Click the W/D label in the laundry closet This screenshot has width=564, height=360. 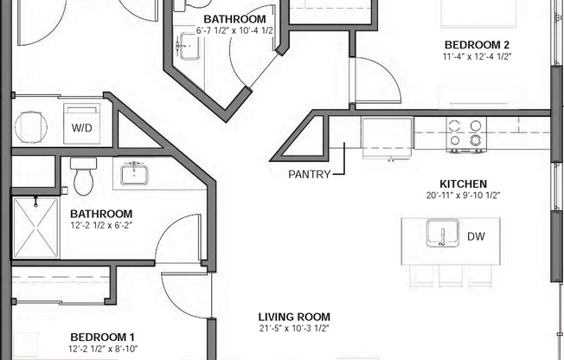coord(81,128)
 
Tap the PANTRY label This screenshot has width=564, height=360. coord(310,174)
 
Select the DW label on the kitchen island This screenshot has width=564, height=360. coord(476,236)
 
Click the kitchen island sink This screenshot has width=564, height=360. coord(443,233)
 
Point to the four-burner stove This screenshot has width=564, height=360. coord(466,134)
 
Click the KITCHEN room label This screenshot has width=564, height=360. coord(464,184)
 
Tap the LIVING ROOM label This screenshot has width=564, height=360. coord(294,317)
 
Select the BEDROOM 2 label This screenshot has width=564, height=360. coord(477,45)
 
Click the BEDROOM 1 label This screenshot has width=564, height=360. coord(103,337)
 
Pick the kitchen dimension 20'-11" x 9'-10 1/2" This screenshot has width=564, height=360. coord(464,196)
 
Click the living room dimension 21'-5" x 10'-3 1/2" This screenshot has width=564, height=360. coord(294,328)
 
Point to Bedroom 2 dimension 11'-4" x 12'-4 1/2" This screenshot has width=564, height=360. coord(477,56)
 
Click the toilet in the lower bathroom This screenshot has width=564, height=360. coord(83,176)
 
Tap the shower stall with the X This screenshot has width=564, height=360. coord(35,228)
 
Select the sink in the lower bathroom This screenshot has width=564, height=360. coord(134,174)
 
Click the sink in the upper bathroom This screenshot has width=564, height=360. coord(189,46)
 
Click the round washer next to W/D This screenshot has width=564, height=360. coord(31,127)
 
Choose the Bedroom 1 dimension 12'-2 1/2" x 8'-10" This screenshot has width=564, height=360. coord(103,349)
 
